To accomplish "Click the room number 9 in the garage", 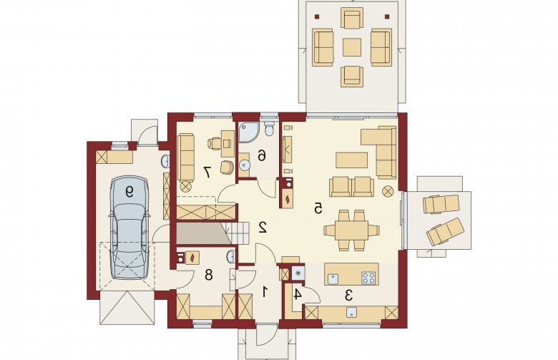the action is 129,193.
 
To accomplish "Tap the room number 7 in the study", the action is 207,172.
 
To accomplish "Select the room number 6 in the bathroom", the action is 262,155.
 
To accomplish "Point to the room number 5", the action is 318,208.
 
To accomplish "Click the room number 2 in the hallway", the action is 263,227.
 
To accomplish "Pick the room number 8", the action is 209,275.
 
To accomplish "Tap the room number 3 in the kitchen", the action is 349,295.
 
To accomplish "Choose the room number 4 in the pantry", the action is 298,294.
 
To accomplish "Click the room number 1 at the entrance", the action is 265,292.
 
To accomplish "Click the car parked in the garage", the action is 129,227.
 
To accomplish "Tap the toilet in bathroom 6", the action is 270,129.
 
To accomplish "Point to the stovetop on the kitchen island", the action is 368,278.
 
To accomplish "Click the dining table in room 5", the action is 351,230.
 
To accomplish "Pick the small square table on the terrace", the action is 352,47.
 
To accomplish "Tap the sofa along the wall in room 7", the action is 186,157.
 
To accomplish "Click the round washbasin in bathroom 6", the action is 245,164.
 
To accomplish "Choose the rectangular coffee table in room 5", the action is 351,160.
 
